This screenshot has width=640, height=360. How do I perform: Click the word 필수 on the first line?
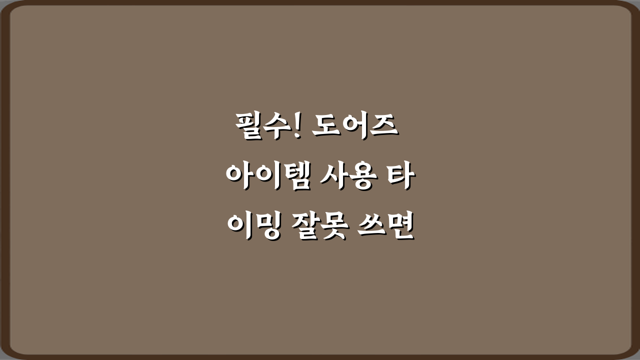tap(261, 127)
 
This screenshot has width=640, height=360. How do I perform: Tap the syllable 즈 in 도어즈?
tap(383, 127)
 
